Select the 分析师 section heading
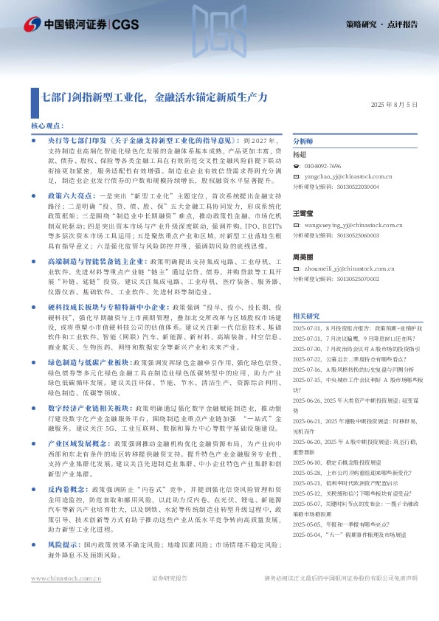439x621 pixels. tap(304, 141)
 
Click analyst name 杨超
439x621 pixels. tap(300, 155)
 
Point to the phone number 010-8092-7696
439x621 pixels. tap(323, 167)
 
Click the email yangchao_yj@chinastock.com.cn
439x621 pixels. tap(348, 177)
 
